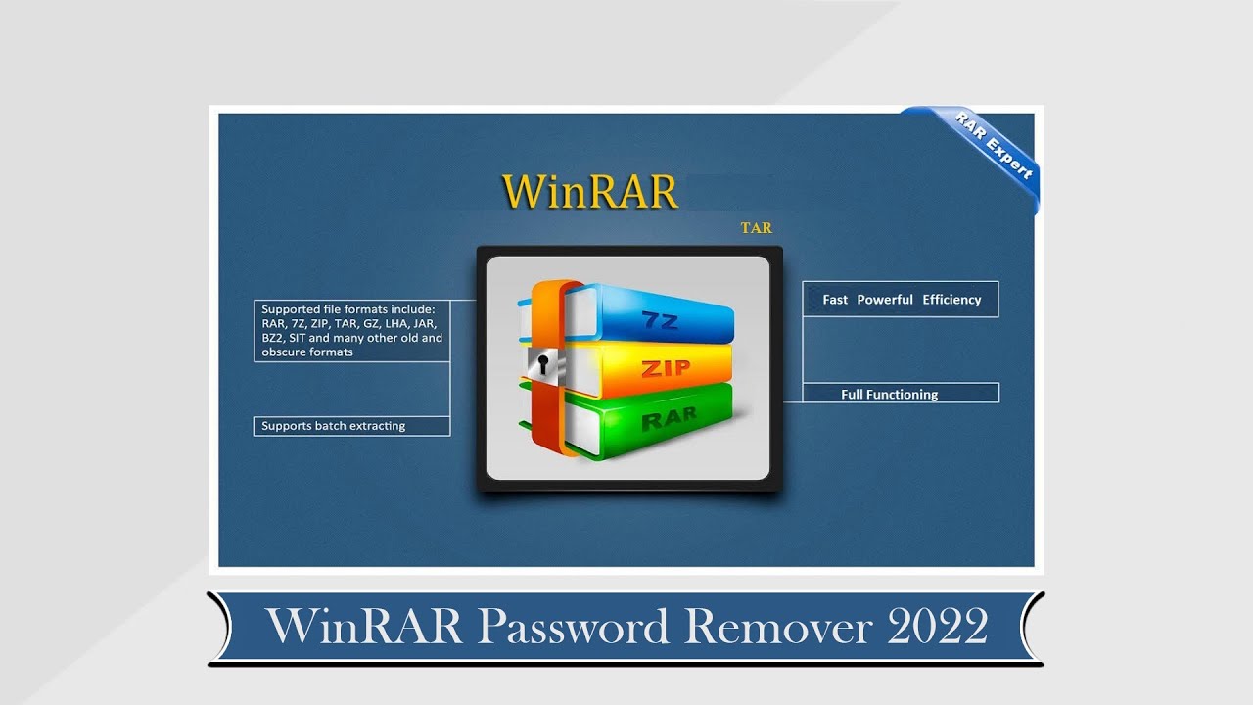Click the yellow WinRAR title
pyautogui.click(x=589, y=192)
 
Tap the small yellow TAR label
pyautogui.click(x=756, y=228)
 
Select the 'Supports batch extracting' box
pyautogui.click(x=351, y=426)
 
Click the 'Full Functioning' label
pyautogui.click(x=889, y=395)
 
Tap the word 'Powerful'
pyautogui.click(x=885, y=300)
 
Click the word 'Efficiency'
pyautogui.click(x=951, y=300)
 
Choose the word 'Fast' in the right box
pyautogui.click(x=835, y=300)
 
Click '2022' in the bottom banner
pyautogui.click(x=937, y=627)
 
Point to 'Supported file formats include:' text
pyautogui.click(x=341, y=309)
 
